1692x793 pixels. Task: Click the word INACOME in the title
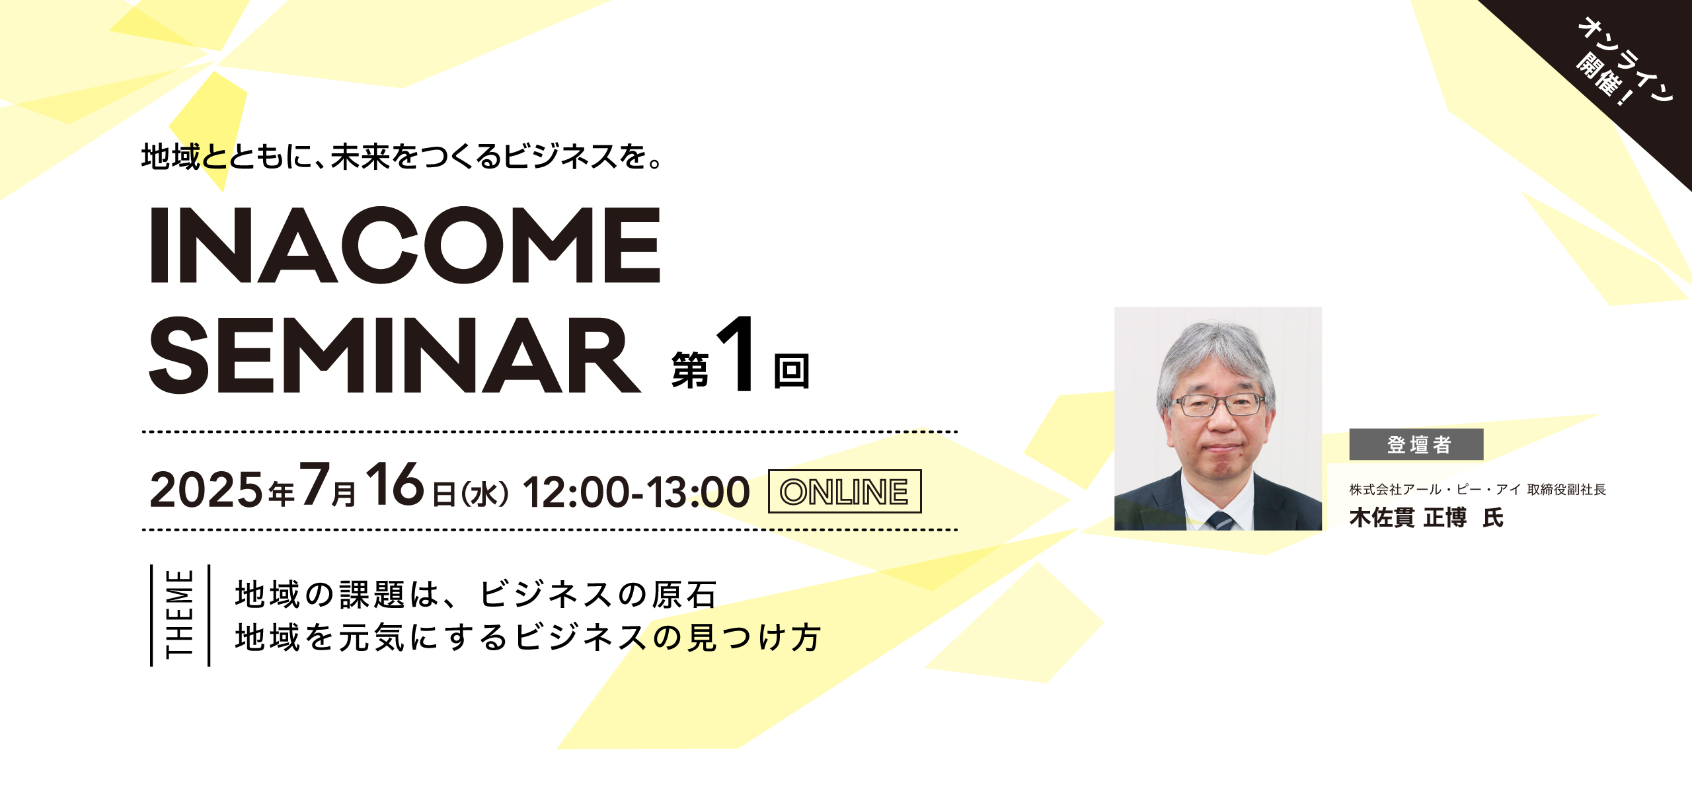(x=405, y=245)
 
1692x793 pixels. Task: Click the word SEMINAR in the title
(x=395, y=356)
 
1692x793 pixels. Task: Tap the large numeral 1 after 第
(x=738, y=354)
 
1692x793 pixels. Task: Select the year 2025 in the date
(x=206, y=490)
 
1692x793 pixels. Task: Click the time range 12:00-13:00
(x=636, y=492)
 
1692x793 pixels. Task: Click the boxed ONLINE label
(x=845, y=491)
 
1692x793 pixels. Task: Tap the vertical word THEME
(x=179, y=614)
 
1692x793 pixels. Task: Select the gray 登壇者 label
(x=1416, y=444)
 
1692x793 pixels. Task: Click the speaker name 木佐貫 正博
(x=1408, y=517)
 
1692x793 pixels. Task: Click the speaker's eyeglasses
(x=1217, y=404)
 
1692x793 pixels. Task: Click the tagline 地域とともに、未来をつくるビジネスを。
(x=401, y=157)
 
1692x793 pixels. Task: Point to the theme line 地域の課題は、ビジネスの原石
(x=476, y=594)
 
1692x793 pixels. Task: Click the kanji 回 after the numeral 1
(x=791, y=371)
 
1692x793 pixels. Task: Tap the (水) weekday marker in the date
(x=484, y=494)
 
